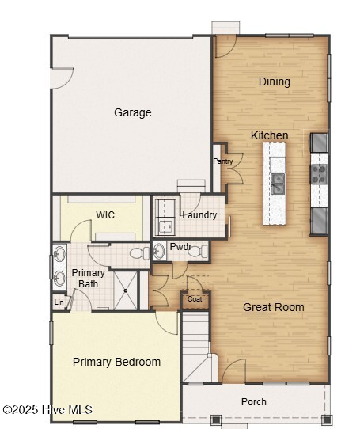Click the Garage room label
point(133,112)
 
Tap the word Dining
point(275,82)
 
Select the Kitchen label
point(270,135)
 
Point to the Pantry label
point(223,161)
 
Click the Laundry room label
point(199,215)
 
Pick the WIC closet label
point(105,214)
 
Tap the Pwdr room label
point(181,246)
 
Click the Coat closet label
point(195,299)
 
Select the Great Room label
point(274,307)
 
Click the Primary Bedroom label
point(116,362)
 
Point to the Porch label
point(254,401)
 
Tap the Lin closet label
point(59,302)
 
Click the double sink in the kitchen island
point(278,184)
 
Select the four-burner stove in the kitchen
point(319,174)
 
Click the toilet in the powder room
point(198,251)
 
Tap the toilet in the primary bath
point(139,253)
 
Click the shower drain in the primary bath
point(126,290)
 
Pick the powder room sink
point(159,251)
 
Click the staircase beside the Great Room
point(196,347)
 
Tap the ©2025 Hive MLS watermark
point(48,409)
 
